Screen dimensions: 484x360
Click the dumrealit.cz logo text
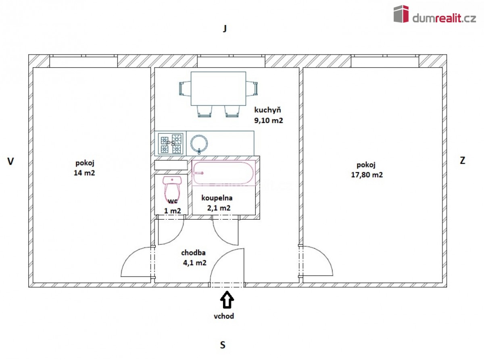pyautogui.click(x=444, y=18)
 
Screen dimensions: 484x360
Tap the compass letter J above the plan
pyautogui.click(x=225, y=28)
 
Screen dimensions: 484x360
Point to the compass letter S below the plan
pyautogui.click(x=223, y=345)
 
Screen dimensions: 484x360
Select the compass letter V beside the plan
pyautogui.click(x=10, y=161)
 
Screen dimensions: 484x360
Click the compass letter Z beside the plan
pyautogui.click(x=462, y=160)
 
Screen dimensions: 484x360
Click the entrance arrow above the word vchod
pyautogui.click(x=227, y=300)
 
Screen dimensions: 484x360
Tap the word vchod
pyautogui.click(x=224, y=316)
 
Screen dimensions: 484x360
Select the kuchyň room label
pyautogui.click(x=267, y=110)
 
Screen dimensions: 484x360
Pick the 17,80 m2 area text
pyautogui.click(x=367, y=175)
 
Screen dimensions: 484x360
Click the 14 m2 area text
pyautogui.click(x=84, y=173)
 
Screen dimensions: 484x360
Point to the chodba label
pyautogui.click(x=193, y=253)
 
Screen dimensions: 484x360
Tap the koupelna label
pyautogui.click(x=217, y=198)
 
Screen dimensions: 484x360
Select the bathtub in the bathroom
pyautogui.click(x=224, y=173)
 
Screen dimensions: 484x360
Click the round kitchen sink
pyautogui.click(x=199, y=144)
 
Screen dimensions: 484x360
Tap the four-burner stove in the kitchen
pyautogui.click(x=171, y=144)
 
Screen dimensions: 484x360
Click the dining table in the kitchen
pyautogui.click(x=218, y=89)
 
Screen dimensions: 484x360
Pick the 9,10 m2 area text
pyautogui.click(x=268, y=121)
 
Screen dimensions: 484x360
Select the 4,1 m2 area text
pyautogui.click(x=195, y=263)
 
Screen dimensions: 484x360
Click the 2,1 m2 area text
pyautogui.click(x=219, y=208)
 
